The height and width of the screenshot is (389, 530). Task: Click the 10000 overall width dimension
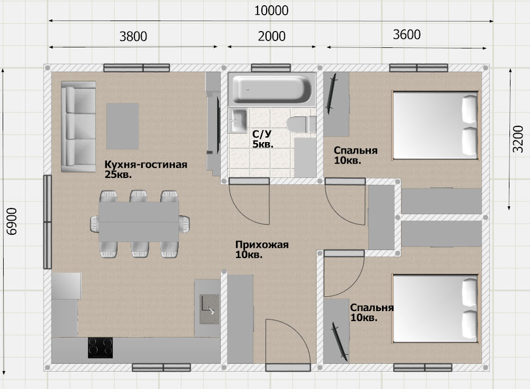pyautogui.click(x=271, y=11)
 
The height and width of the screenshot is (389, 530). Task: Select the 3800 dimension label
pyautogui.click(x=133, y=36)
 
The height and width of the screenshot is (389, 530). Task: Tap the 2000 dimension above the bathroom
pyautogui.click(x=272, y=36)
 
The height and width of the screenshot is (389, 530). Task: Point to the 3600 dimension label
pyautogui.click(x=407, y=34)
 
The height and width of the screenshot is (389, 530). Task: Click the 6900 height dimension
pyautogui.click(x=12, y=221)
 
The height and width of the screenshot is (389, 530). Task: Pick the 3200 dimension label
pyautogui.click(x=518, y=139)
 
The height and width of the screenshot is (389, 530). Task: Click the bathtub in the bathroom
pyautogui.click(x=272, y=89)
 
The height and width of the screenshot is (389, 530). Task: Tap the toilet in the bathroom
pyautogui.click(x=301, y=124)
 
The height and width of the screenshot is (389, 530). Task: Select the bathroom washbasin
pyautogui.click(x=238, y=121)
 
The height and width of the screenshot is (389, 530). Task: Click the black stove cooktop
pyautogui.click(x=101, y=348)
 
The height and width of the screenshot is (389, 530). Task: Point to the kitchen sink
pyautogui.click(x=209, y=309)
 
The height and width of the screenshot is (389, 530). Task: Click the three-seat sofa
pyautogui.click(x=78, y=127)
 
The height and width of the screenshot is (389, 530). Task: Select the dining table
pyautogui.click(x=139, y=222)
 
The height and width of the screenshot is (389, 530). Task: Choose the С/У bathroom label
pyautogui.click(x=262, y=134)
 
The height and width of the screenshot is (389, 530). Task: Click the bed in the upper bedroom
pyautogui.click(x=436, y=125)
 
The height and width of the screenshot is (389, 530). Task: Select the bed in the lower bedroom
pyautogui.click(x=436, y=308)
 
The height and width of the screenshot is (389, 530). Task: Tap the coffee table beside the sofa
pyautogui.click(x=122, y=126)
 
